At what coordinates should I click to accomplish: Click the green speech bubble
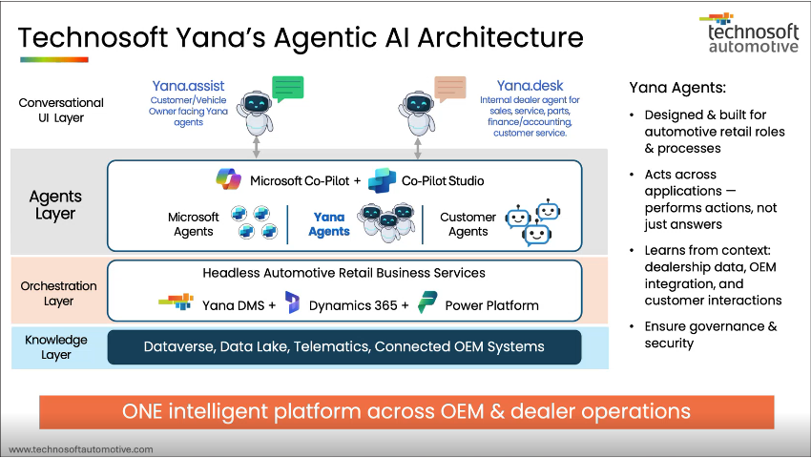click(x=286, y=89)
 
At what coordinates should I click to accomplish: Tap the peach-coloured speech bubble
click(x=450, y=89)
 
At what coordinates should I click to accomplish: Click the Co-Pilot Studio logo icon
click(x=382, y=179)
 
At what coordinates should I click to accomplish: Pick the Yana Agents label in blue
click(x=330, y=224)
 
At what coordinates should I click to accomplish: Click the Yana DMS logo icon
click(x=176, y=305)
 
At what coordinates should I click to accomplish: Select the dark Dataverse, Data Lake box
click(x=344, y=346)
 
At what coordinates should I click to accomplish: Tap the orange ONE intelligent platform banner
click(x=405, y=412)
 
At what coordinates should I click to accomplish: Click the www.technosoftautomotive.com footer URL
click(x=81, y=448)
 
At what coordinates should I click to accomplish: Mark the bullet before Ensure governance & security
click(x=634, y=326)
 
